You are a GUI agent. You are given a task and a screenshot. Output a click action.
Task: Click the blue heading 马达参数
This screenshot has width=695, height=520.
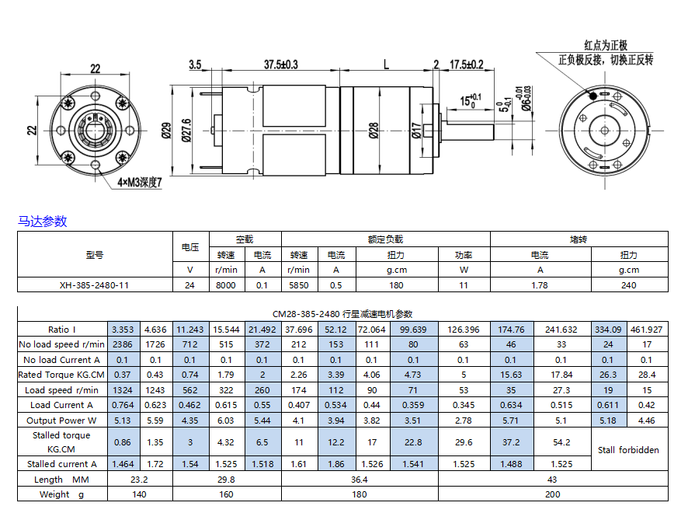click(42, 221)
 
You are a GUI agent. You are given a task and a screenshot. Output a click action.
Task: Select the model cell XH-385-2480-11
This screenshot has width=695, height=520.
click(95, 285)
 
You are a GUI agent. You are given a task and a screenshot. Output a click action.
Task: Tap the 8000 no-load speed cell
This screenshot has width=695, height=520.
click(226, 285)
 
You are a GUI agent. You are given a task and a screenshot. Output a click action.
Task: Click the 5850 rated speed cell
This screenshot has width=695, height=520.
click(299, 285)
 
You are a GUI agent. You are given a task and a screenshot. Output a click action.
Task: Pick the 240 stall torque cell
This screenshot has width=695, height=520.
click(628, 285)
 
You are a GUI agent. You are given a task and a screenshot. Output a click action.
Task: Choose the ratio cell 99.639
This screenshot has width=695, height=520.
click(413, 330)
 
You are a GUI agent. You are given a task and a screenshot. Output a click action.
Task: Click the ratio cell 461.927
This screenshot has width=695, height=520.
click(647, 330)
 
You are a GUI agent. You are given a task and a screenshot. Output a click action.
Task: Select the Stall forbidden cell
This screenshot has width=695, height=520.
click(628, 450)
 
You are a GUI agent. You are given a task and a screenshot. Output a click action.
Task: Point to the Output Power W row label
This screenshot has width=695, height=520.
click(61, 421)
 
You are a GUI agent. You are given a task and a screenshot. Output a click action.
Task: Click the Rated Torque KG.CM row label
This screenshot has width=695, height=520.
click(61, 375)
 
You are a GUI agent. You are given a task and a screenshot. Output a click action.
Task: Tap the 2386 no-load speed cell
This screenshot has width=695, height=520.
click(123, 344)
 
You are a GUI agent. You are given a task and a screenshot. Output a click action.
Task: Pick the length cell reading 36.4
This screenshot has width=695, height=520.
click(359, 480)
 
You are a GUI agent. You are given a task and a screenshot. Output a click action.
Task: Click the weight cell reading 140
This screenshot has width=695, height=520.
click(139, 494)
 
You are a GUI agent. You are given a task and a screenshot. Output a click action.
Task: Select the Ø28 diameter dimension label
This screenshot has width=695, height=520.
click(374, 131)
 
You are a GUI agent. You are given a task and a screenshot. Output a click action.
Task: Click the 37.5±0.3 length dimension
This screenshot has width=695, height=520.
click(281, 65)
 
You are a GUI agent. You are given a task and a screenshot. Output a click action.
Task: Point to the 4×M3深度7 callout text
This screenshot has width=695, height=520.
click(140, 183)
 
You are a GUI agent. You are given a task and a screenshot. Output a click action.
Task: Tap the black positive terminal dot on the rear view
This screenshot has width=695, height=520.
click(593, 96)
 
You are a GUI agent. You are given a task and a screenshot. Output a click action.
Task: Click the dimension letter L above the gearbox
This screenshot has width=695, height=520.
click(386, 65)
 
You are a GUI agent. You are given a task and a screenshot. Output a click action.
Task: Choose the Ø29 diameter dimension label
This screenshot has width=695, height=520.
click(167, 131)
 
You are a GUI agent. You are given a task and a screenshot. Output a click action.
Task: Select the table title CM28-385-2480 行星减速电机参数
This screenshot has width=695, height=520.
click(342, 314)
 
